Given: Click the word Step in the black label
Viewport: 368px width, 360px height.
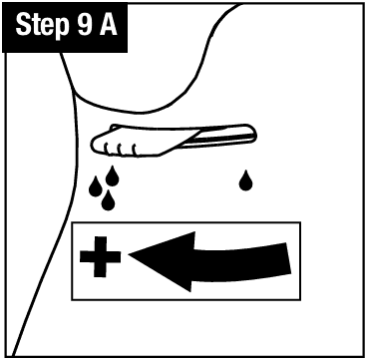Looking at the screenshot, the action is point(42,26).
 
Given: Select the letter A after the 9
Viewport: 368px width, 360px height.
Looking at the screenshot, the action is point(109,25).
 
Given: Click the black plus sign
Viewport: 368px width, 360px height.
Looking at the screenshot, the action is point(100,256).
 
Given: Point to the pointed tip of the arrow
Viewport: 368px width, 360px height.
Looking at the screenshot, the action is point(129,255).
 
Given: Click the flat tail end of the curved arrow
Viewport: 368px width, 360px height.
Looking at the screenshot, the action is point(288,258).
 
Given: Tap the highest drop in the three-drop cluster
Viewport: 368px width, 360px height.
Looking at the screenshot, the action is point(113,176).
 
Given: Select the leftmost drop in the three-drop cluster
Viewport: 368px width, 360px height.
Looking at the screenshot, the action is point(96,186).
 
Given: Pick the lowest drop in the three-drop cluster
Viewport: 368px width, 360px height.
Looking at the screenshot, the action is point(108,200).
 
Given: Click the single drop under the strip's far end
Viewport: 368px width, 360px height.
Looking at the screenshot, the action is point(245,180).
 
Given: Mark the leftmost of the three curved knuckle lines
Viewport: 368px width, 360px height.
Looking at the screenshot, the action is point(107,150).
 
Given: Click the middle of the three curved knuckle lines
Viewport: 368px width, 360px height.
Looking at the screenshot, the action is point(120,150).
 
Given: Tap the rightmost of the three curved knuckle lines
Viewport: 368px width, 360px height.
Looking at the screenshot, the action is point(134,150).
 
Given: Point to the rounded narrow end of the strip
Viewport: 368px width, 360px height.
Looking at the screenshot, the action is point(255,136).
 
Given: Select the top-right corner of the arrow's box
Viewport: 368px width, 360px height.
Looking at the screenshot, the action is point(300,222).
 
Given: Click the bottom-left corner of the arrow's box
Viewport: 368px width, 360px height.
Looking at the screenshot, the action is point(72,300).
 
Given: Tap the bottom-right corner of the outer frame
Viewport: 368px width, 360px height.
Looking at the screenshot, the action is point(364,357).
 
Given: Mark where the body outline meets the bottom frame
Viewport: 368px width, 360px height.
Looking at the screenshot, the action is point(13,356).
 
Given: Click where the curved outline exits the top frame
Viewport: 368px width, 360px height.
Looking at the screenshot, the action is point(241,4).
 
